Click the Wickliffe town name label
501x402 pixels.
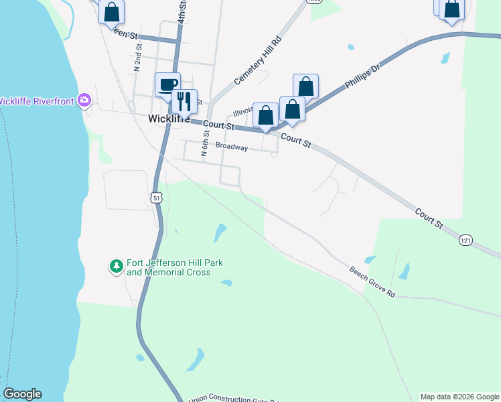coord(164,119)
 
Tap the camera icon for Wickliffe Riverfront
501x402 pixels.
coord(84,100)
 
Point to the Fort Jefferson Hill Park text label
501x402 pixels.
coord(169,268)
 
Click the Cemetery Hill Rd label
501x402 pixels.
coord(259,60)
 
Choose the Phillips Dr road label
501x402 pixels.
coord(362,77)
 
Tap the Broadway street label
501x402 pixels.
coord(232,147)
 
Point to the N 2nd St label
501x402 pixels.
coord(137,58)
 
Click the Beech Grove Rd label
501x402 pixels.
coord(372,281)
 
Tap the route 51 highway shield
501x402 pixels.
coord(155,197)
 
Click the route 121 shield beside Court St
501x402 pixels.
coord(467,239)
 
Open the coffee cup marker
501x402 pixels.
coord(167,84)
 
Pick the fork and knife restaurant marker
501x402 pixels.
coord(184,101)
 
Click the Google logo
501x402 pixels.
coord(22,394)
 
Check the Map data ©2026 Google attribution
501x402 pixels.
coord(459,397)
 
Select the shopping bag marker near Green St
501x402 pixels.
coord(112,12)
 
